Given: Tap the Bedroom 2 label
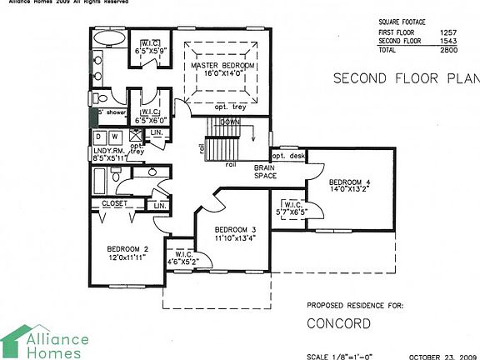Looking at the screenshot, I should (127, 252).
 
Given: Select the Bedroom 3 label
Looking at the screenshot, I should (235, 234).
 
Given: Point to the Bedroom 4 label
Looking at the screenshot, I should (349, 184).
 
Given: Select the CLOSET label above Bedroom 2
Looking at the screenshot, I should (115, 203).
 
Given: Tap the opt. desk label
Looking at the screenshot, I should (287, 155).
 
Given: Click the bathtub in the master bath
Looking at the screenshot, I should (109, 39).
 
